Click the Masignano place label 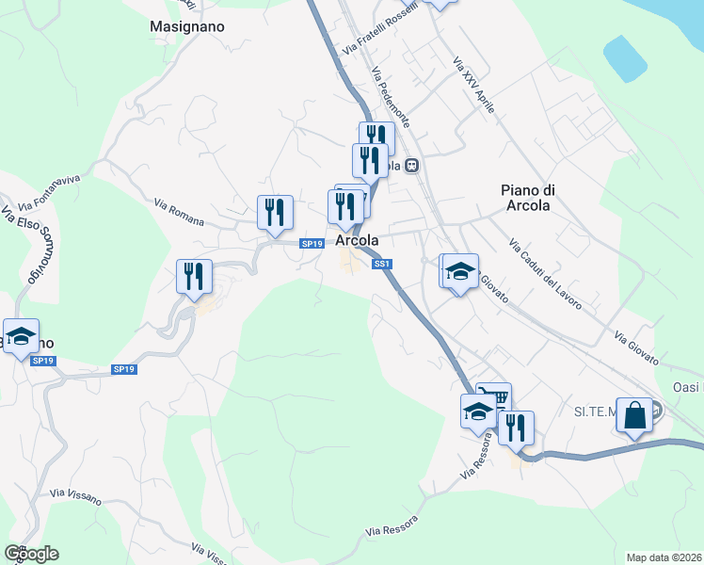coord(187,27)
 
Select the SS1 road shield coord(381,265)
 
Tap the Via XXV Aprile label coord(472,85)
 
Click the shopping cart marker coord(492,398)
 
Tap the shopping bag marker coord(634,413)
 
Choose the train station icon coord(411,165)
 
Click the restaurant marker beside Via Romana coord(275,212)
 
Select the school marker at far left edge coord(20,335)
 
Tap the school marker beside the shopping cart coord(477,411)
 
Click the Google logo coord(31,554)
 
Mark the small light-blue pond coord(625,59)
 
